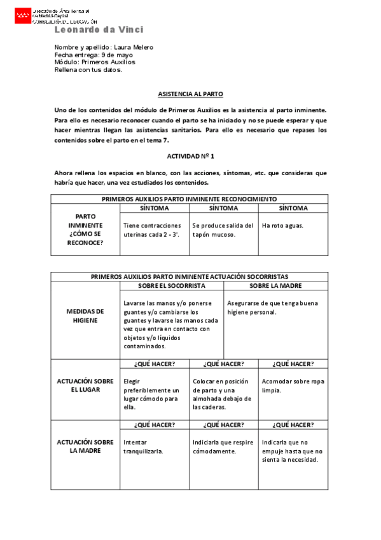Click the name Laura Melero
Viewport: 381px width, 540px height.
point(134,47)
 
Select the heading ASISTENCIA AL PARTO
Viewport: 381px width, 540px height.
point(190,93)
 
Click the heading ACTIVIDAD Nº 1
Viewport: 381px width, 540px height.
point(190,155)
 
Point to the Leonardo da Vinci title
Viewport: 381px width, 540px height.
point(99,30)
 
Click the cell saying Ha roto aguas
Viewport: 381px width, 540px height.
point(282,225)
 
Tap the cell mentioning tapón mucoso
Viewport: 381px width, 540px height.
point(223,230)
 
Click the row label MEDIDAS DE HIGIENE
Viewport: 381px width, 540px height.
point(85,316)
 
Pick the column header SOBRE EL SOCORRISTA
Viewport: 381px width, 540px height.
point(172,286)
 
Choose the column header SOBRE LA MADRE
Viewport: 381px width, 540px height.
point(275,286)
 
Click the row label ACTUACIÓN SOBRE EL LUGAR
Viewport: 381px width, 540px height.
point(85,385)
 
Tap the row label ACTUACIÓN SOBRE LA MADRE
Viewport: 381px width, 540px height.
point(85,446)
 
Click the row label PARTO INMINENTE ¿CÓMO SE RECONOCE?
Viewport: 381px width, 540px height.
point(85,229)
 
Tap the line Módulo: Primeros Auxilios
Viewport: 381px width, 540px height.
point(95,62)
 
